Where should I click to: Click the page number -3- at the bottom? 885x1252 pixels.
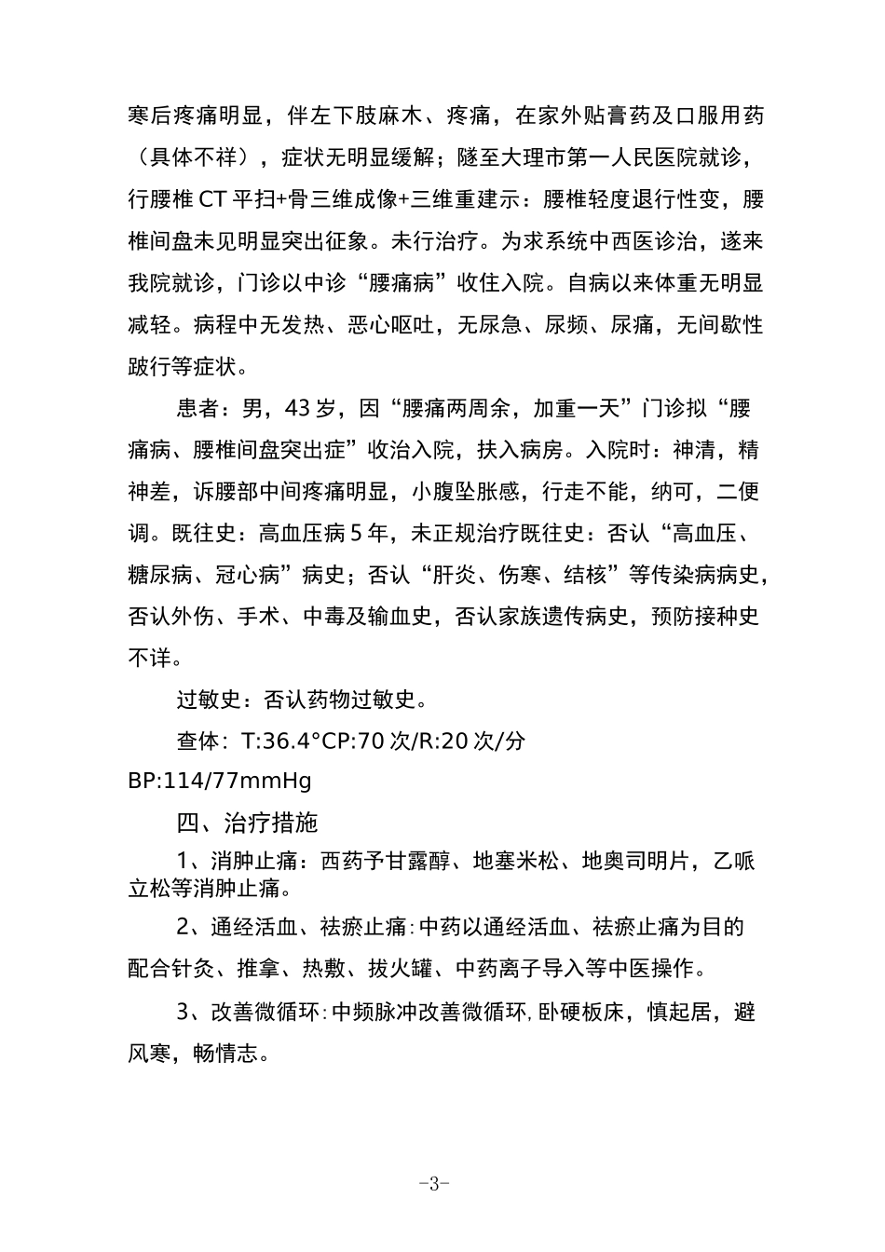(x=435, y=1184)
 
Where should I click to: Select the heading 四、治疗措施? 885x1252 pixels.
(x=247, y=823)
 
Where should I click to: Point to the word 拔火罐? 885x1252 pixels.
(x=402, y=968)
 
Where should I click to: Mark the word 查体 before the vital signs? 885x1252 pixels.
(x=198, y=741)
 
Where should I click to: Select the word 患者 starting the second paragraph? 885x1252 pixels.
(x=198, y=408)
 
